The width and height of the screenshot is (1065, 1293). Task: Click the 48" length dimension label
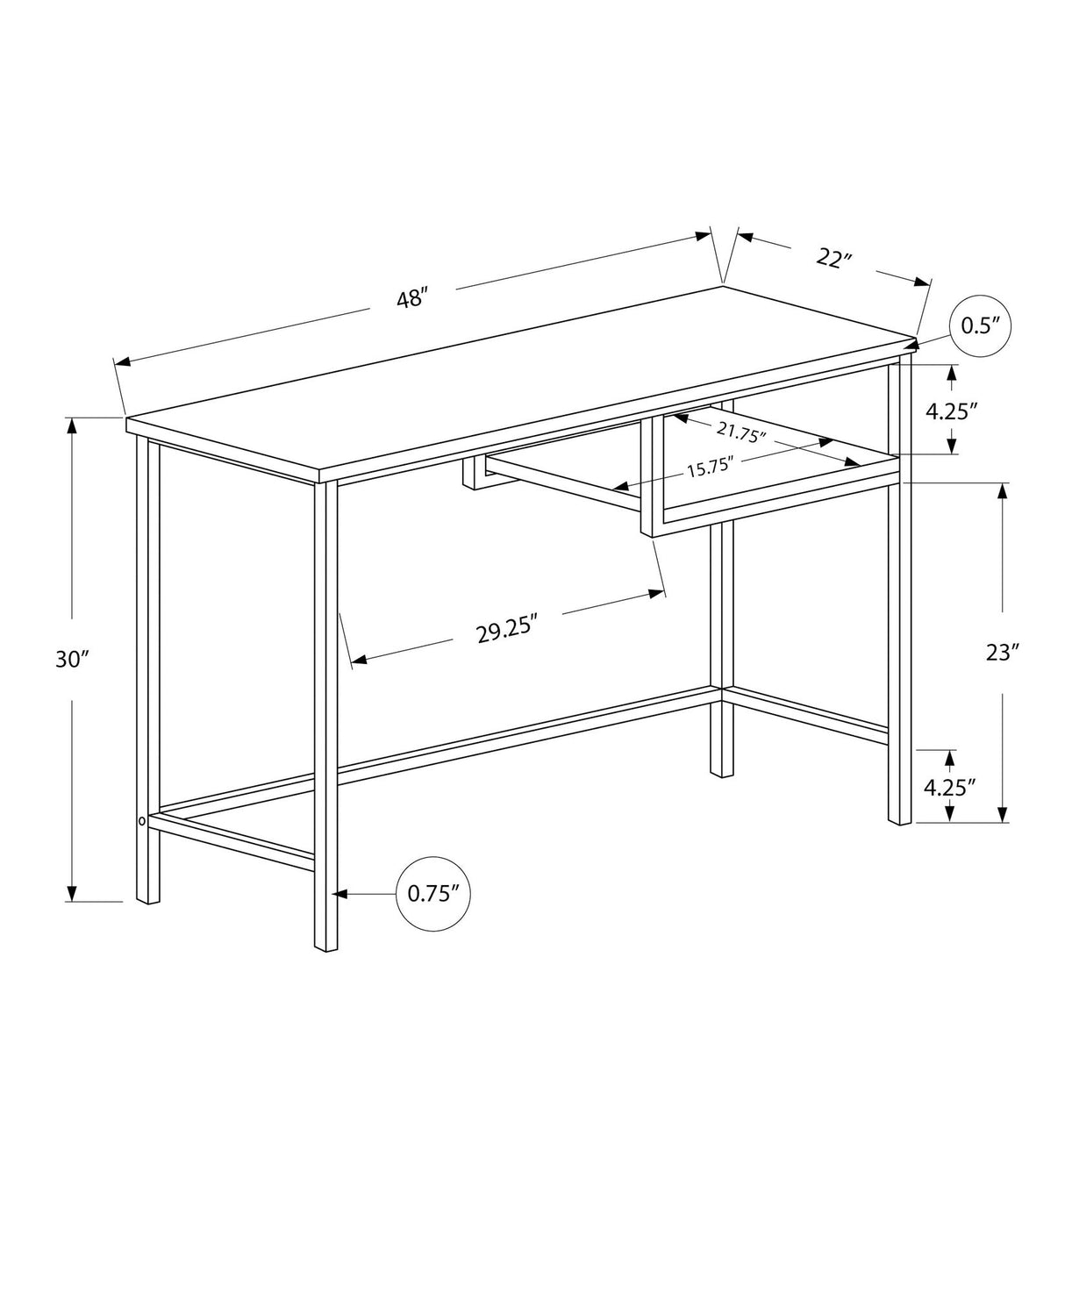coord(411,298)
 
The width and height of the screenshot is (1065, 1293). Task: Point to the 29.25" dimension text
coord(506,629)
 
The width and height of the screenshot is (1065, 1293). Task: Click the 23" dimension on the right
coord(1002,652)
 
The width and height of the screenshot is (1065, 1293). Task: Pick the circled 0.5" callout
coord(980,325)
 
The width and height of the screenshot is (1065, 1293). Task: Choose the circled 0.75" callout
coord(434,893)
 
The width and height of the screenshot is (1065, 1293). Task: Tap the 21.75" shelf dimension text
coord(741,432)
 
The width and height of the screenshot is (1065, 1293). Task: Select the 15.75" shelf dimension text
coord(710,468)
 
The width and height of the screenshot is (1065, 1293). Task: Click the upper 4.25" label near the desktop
coord(951,411)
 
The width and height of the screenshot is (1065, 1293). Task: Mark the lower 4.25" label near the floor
coord(950,786)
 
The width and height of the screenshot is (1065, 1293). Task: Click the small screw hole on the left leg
coord(141,822)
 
